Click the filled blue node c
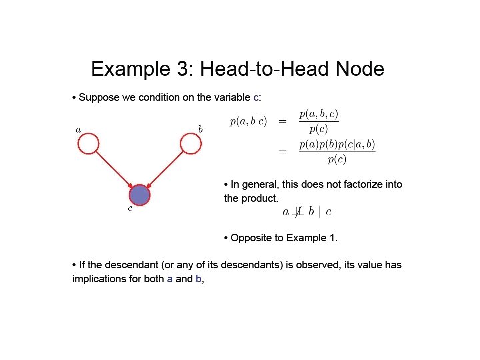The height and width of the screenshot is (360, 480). [139, 195]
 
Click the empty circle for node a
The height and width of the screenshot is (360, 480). [89, 143]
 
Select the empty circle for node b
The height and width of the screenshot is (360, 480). [190, 143]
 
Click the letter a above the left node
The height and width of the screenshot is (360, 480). [79, 129]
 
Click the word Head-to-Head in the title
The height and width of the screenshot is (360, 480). [265, 69]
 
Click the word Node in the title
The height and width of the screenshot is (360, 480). [361, 69]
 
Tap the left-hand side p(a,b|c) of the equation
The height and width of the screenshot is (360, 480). [248, 121]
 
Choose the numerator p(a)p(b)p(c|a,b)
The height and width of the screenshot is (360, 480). [337, 145]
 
